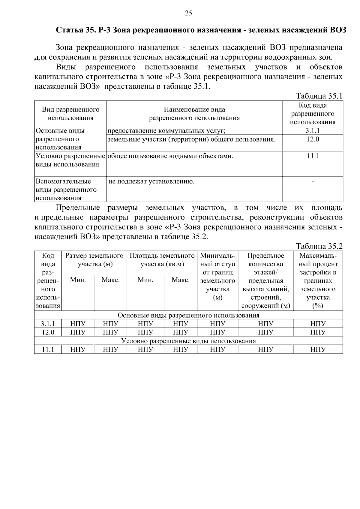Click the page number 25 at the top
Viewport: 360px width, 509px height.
[x=188, y=13]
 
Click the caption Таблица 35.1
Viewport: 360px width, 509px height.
[x=319, y=96]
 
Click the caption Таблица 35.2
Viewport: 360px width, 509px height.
[x=319, y=246]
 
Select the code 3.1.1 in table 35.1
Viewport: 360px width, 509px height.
[x=312, y=130]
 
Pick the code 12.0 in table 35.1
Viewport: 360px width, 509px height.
[x=312, y=139]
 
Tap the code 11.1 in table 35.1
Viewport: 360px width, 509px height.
[x=312, y=156]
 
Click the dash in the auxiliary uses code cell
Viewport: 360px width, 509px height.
[x=313, y=181]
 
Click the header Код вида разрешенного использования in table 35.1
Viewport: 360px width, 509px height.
[x=312, y=114]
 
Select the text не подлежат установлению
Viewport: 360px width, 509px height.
[x=151, y=181]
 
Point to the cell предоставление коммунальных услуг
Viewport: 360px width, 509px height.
[x=166, y=131]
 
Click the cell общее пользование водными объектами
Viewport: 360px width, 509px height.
[x=170, y=156]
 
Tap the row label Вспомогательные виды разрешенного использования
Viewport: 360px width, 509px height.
[x=66, y=190]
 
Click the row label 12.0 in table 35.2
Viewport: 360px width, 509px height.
[x=48, y=332]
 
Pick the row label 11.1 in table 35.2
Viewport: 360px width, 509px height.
[x=48, y=349]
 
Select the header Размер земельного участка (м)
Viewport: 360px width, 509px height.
[x=94, y=260]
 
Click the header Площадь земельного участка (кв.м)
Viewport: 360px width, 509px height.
[x=162, y=260]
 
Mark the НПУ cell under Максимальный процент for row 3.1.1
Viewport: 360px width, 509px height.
[x=318, y=324]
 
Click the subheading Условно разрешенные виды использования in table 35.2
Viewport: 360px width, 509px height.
[x=188, y=341]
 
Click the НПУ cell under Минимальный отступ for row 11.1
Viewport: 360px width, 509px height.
[x=217, y=349]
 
